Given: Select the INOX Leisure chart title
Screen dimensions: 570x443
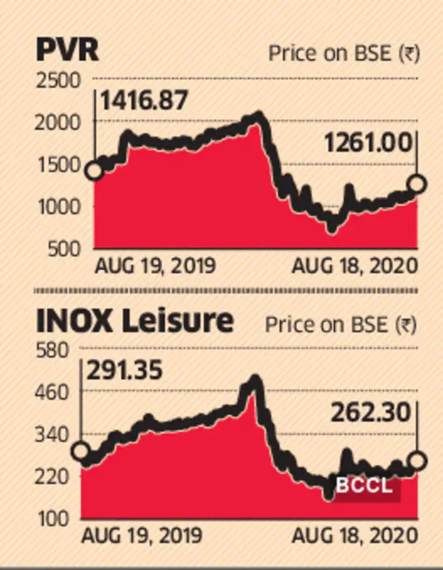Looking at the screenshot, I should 135,322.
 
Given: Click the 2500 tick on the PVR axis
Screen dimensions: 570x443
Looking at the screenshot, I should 59,80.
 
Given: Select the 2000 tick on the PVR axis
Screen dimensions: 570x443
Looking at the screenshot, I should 59,122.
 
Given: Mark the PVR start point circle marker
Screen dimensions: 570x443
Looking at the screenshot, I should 94,171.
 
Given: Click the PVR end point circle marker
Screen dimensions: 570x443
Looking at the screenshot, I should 417,184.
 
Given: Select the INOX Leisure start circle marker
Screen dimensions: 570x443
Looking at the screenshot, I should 81,451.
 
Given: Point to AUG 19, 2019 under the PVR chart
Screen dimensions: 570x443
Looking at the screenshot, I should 155,266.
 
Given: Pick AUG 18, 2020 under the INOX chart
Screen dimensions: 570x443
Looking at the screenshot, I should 355,536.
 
